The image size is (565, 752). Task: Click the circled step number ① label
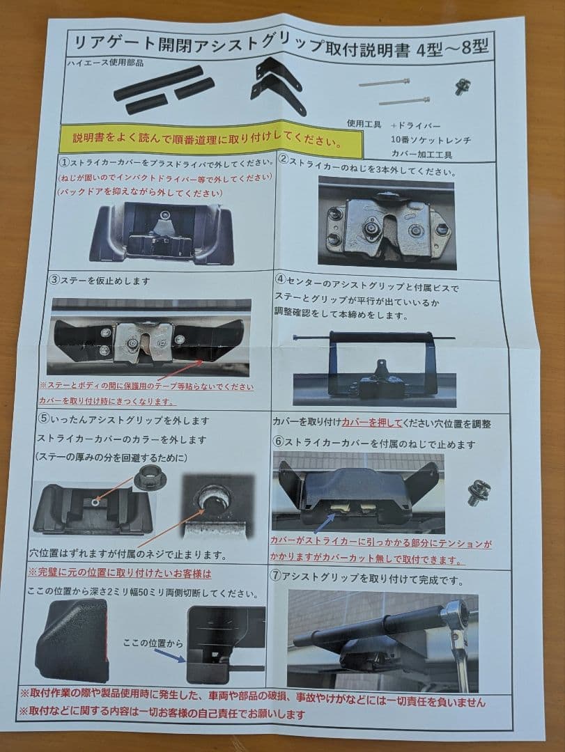pos(63,163)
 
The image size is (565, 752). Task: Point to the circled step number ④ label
pos(281,279)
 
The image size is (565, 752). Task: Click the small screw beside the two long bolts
pos(460,86)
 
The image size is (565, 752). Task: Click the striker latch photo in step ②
pos(385,221)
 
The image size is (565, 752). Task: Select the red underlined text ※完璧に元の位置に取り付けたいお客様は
pos(119,574)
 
